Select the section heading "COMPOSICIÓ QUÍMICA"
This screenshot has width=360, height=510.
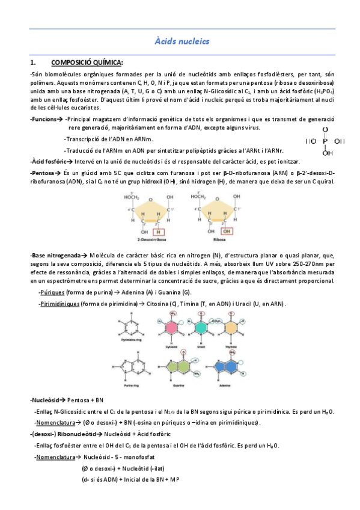point(87,63)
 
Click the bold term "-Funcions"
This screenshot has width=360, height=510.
point(44,120)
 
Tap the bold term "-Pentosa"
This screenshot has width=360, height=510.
point(43,173)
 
